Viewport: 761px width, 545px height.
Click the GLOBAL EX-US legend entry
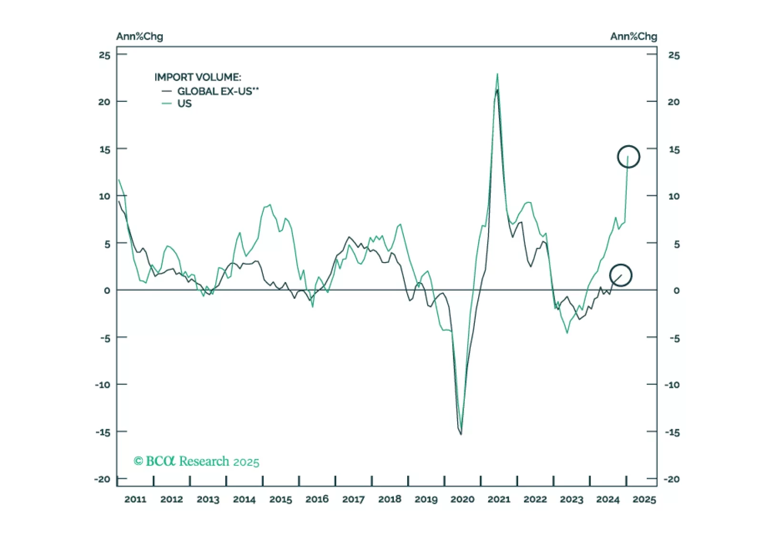pyautogui.click(x=217, y=91)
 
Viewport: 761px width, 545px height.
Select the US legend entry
pyautogui.click(x=184, y=104)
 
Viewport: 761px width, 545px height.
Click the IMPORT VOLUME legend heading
pyautogui.click(x=198, y=77)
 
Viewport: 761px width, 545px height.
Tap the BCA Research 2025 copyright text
pyautogui.click(x=197, y=461)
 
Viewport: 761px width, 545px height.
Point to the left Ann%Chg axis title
pyautogui.click(x=140, y=37)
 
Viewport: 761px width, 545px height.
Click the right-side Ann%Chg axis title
pyautogui.click(x=633, y=37)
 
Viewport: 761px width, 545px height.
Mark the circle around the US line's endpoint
pyautogui.click(x=629, y=157)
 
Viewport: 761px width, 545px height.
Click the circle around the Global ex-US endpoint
pyautogui.click(x=621, y=275)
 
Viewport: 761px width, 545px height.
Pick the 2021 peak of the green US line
pyautogui.click(x=498, y=74)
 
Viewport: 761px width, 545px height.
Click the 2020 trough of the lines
pyautogui.click(x=461, y=434)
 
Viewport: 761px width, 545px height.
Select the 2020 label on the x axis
pyautogui.click(x=462, y=499)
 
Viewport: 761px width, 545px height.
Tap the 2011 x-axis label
pyautogui.click(x=135, y=499)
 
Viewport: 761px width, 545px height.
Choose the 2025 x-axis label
pyautogui.click(x=644, y=499)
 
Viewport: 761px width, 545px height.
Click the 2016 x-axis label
pyautogui.click(x=317, y=499)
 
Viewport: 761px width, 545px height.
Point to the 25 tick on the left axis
pyautogui.click(x=104, y=55)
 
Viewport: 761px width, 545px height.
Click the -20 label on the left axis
pyautogui.click(x=102, y=479)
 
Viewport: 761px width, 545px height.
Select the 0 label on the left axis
pyautogui.click(x=107, y=291)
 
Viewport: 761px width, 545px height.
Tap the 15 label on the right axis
pyautogui.click(x=674, y=150)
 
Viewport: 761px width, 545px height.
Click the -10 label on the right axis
pyautogui.click(x=672, y=385)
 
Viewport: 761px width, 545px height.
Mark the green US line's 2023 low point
pyautogui.click(x=567, y=333)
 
